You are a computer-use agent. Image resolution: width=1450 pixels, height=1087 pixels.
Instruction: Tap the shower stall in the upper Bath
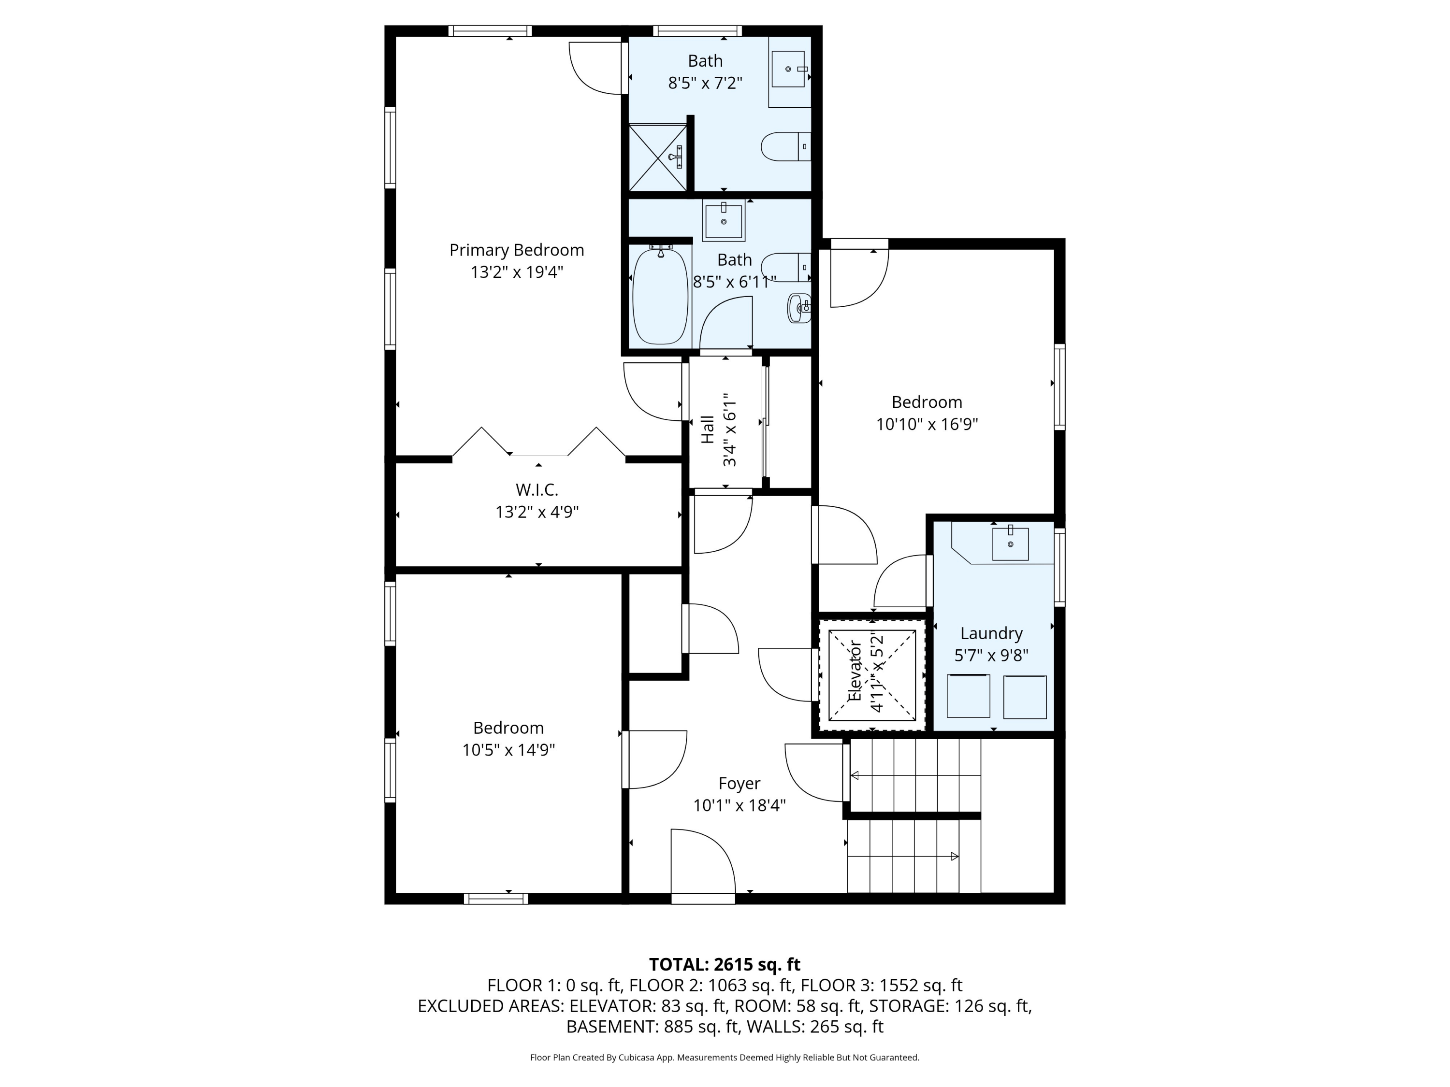[657, 158]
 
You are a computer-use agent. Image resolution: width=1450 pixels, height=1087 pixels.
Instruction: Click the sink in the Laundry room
[1010, 543]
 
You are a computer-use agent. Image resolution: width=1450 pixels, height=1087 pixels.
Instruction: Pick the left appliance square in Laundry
[968, 696]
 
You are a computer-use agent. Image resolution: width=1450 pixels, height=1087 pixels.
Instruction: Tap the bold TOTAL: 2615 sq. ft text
[725, 964]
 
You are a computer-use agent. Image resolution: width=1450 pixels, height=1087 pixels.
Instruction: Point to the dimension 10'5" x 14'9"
[508, 750]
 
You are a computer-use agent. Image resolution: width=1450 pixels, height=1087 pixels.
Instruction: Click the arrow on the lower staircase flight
[954, 857]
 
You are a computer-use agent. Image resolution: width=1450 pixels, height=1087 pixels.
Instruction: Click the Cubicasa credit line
[725, 1058]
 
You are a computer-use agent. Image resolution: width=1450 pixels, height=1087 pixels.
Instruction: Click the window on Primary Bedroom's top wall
[490, 31]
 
